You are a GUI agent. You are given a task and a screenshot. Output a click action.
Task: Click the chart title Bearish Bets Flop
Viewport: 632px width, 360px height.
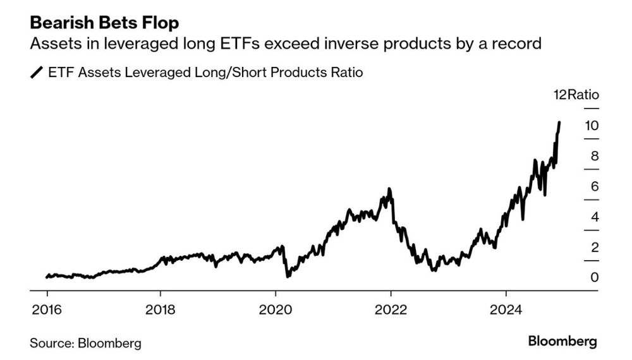point(104,23)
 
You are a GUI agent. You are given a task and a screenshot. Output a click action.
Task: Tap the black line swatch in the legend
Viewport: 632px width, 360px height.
point(37,73)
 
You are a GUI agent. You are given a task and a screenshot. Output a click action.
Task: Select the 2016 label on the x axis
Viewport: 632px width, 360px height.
point(47,310)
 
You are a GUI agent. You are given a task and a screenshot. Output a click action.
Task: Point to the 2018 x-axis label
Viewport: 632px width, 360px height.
point(161,310)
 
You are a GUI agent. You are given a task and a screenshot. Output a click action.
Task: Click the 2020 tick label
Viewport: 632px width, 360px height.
point(276,310)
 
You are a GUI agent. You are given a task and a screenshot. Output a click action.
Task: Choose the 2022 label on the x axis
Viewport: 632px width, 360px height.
point(391,310)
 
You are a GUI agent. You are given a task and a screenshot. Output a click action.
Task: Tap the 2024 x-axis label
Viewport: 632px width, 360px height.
point(506,310)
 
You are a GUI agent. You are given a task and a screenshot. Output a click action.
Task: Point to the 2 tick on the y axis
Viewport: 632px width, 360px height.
point(594,248)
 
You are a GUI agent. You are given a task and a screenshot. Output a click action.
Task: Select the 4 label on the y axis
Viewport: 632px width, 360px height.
point(594,217)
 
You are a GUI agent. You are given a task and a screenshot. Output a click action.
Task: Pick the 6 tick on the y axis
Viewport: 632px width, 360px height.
point(594,186)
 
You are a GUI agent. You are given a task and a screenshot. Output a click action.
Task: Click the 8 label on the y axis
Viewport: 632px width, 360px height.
point(594,156)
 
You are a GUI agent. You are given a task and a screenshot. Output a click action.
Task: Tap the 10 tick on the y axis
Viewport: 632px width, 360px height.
point(591,125)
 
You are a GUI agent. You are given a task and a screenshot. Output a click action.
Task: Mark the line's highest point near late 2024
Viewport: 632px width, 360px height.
point(559,122)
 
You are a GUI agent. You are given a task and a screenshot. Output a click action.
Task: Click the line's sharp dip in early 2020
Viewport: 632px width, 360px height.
point(287,276)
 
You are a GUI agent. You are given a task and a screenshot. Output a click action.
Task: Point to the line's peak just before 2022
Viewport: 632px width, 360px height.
point(389,189)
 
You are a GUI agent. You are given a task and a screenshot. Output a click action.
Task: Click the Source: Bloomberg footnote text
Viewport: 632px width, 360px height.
point(85,344)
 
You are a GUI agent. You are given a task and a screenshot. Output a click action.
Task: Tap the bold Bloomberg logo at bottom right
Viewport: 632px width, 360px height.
point(562,342)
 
